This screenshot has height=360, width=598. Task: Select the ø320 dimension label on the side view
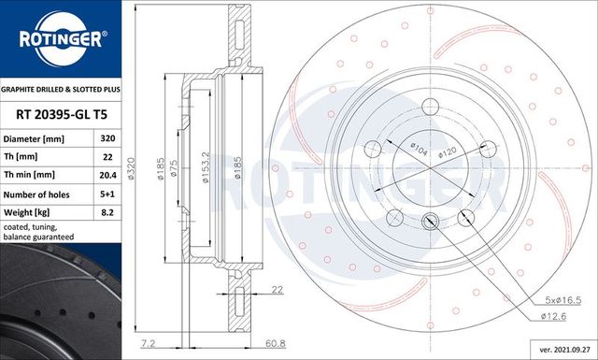132,169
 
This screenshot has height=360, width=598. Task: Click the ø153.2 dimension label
205,169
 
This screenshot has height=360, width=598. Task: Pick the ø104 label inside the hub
418,149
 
